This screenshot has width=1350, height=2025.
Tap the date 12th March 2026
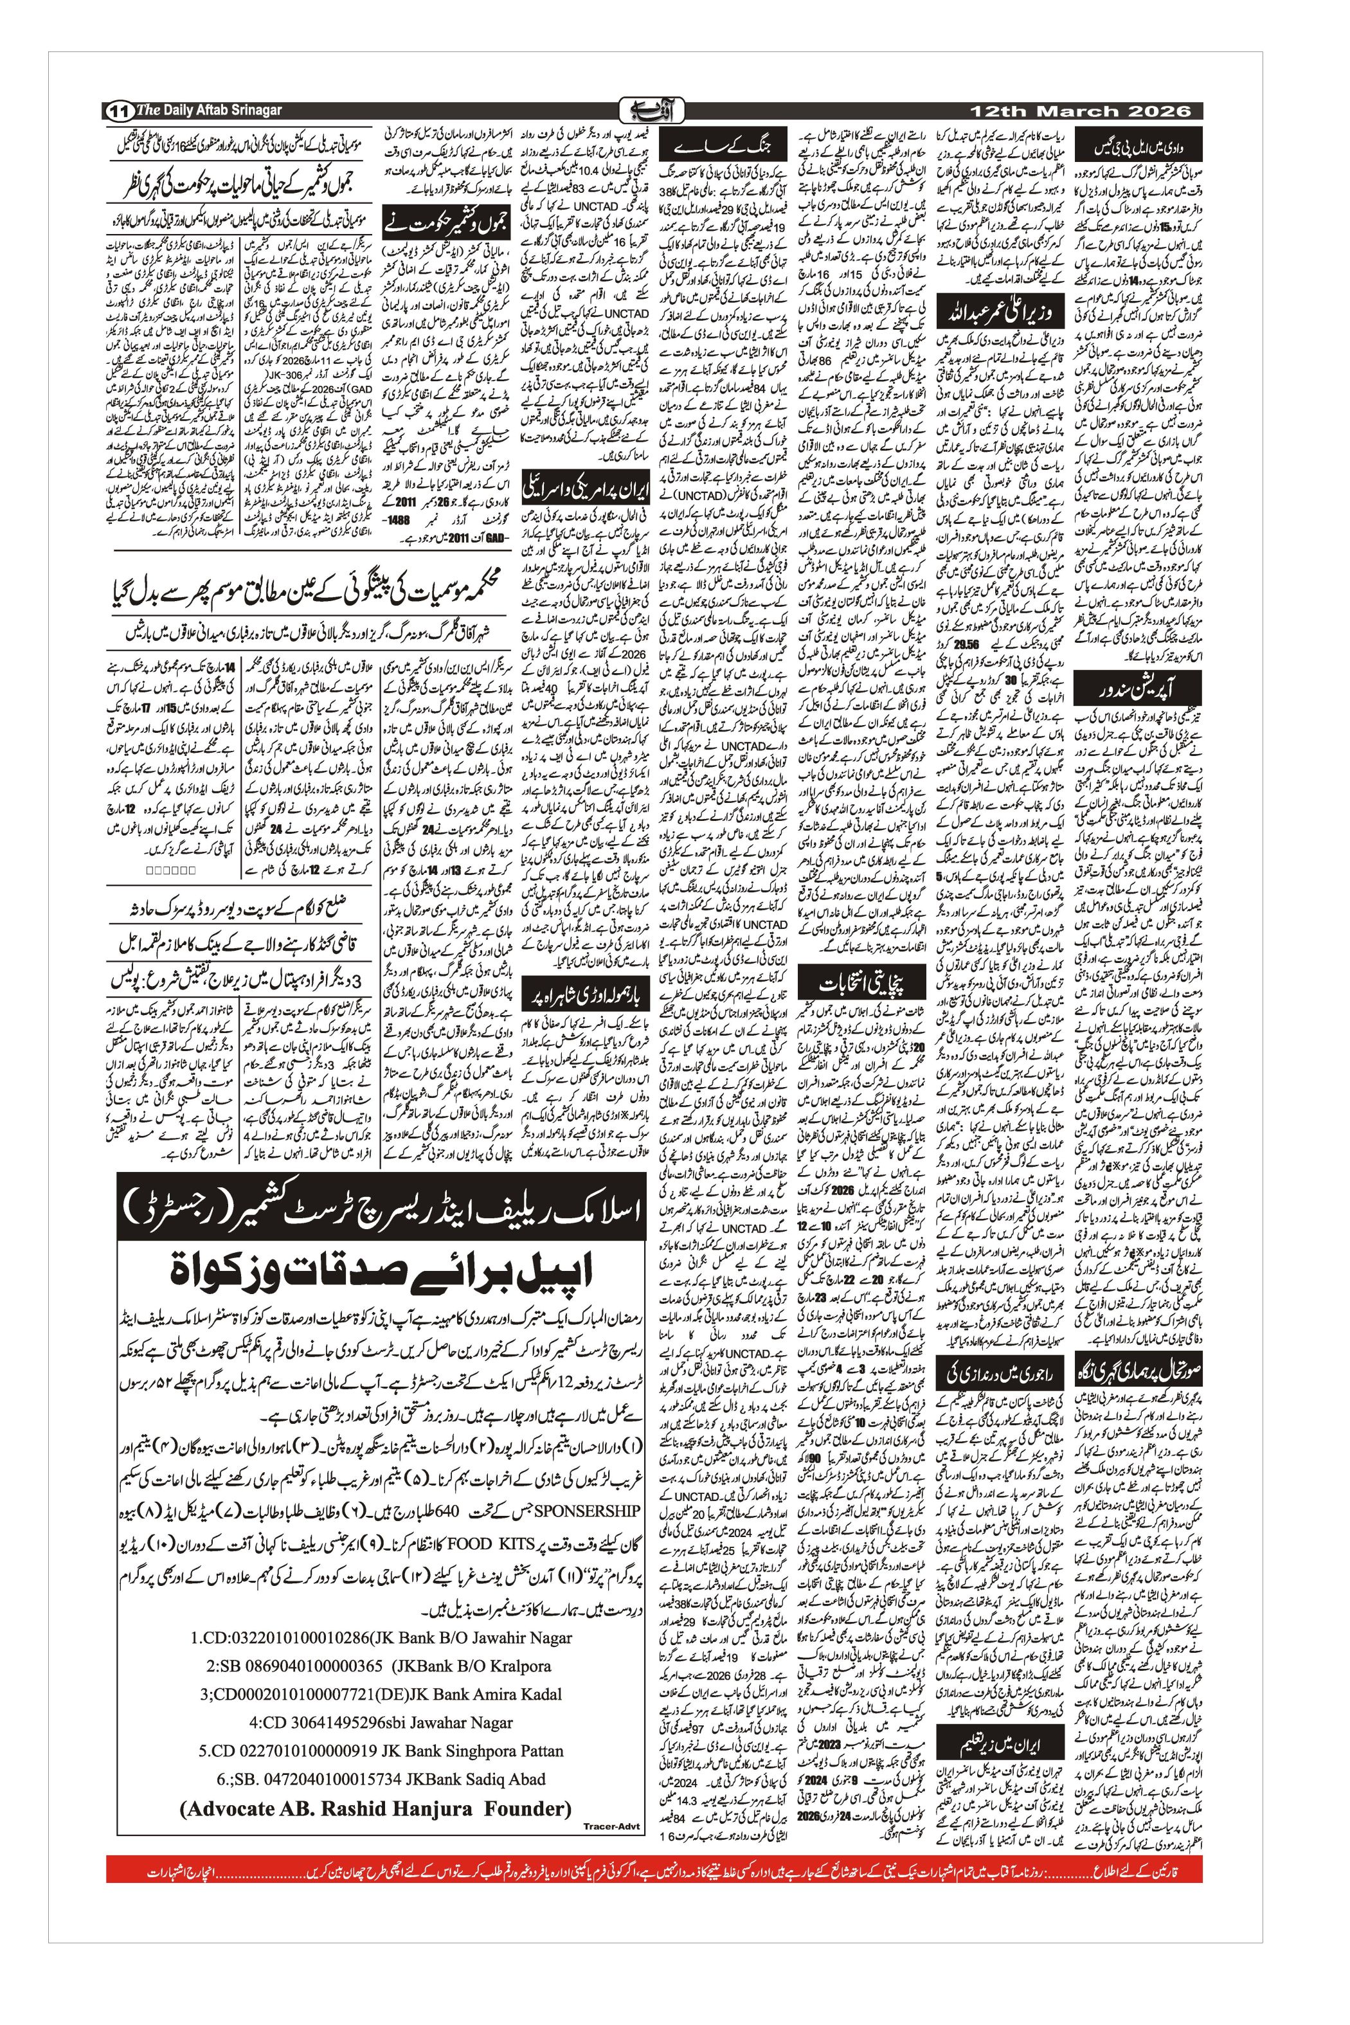(1081, 111)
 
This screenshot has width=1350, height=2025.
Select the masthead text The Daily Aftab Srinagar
(209, 110)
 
